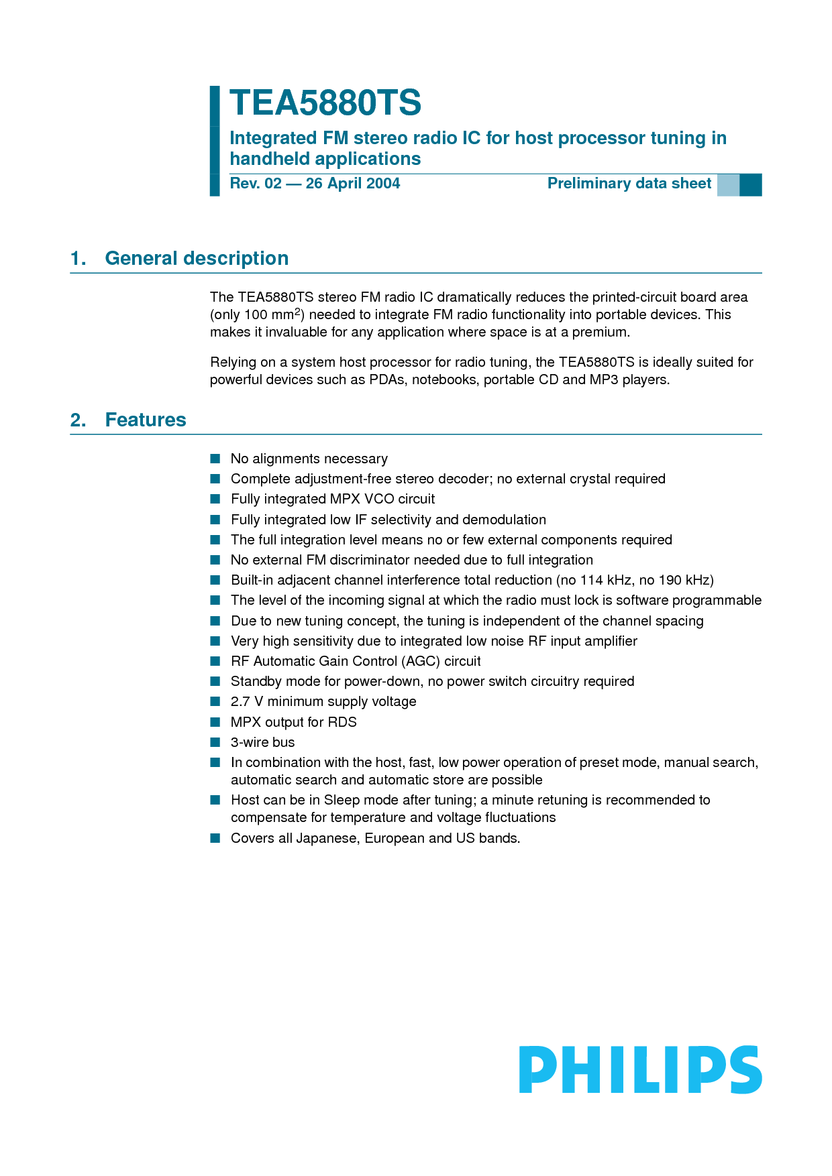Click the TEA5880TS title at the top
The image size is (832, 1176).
pyautogui.click(x=325, y=103)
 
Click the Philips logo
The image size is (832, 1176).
pyautogui.click(x=640, y=1070)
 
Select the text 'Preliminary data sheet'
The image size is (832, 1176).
pyautogui.click(x=629, y=184)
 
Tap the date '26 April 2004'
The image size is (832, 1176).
pyautogui.click(x=353, y=184)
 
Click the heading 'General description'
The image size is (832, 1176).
pyautogui.click(x=197, y=259)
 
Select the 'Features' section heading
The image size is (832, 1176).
pyautogui.click(x=146, y=420)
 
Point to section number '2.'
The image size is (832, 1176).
pyautogui.click(x=78, y=420)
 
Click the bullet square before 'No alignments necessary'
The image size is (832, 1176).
pyautogui.click(x=215, y=459)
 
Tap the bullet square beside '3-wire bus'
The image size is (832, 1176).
pyautogui.click(x=215, y=742)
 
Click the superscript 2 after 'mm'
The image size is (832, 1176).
pyautogui.click(x=298, y=311)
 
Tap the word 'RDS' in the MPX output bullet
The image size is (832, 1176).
pyautogui.click(x=342, y=722)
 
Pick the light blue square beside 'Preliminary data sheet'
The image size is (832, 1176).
pyautogui.click(x=728, y=184)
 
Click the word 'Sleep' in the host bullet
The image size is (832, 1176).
pyautogui.click(x=342, y=800)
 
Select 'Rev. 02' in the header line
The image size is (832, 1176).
pyautogui.click(x=256, y=184)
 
